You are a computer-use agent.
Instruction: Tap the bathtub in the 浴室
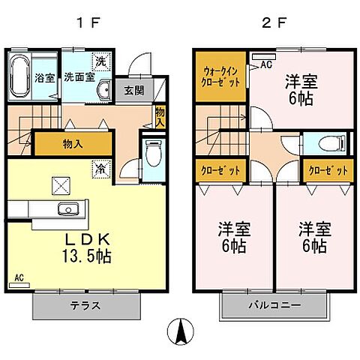coord(19,76)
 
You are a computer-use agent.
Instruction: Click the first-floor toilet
coord(153,155)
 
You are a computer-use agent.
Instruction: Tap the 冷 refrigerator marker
coord(99,170)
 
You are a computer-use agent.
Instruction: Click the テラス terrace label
coord(87,306)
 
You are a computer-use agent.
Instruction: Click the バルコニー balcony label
coord(274,306)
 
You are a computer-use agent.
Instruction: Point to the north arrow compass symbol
coord(179,331)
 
